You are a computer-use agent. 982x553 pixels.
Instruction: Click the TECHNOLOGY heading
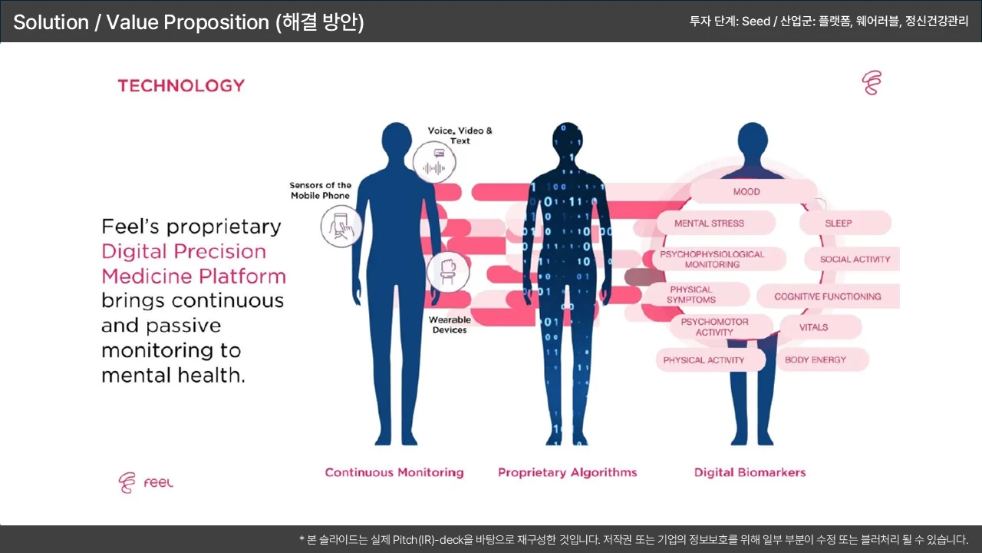tap(181, 85)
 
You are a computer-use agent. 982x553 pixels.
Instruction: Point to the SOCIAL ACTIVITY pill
tap(854, 259)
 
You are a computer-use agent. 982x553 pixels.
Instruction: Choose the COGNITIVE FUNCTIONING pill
tap(827, 296)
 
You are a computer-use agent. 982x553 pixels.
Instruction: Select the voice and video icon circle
tap(434, 163)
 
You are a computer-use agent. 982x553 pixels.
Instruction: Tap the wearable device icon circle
tap(448, 271)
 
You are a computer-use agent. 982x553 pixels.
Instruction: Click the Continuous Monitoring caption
tap(394, 472)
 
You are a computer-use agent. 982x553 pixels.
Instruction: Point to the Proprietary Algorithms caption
tap(568, 472)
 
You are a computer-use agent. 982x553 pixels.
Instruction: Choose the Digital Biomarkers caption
tap(750, 472)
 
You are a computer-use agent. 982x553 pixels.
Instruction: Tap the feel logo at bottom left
tap(146, 482)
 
